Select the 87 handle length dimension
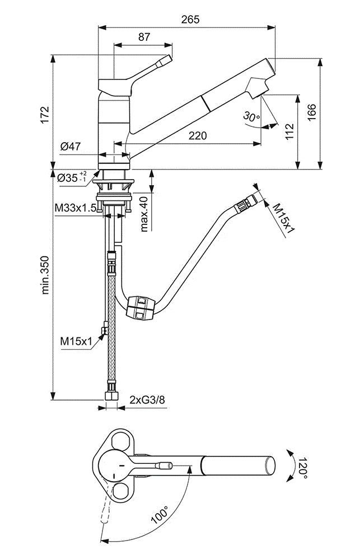(x=144, y=37)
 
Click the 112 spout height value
(x=289, y=131)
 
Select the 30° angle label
(x=251, y=117)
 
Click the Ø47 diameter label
(x=71, y=147)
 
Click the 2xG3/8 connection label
(x=147, y=400)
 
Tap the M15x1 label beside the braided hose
(x=76, y=340)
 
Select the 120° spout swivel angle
(x=302, y=466)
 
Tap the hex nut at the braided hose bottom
(x=111, y=395)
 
